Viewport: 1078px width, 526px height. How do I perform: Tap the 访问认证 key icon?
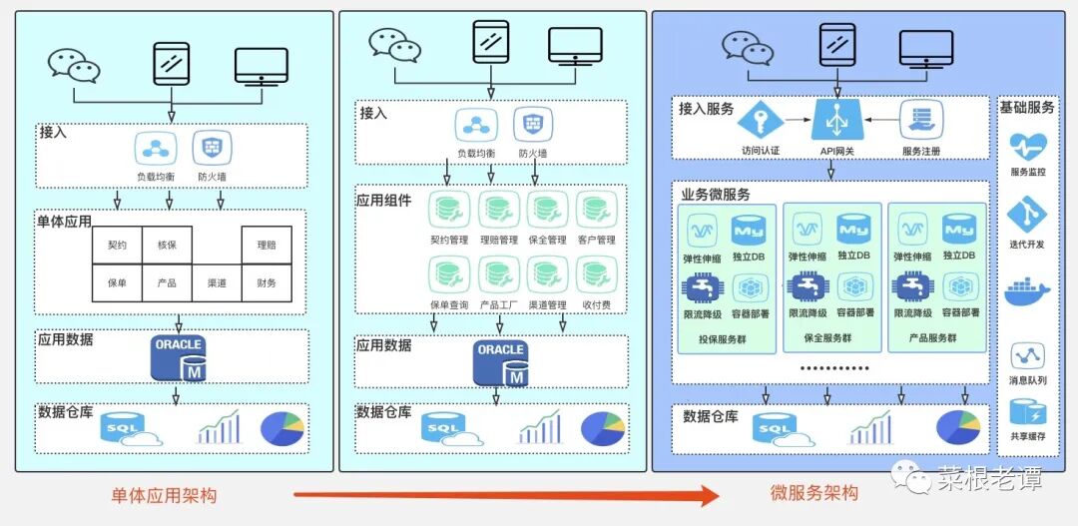tap(761, 120)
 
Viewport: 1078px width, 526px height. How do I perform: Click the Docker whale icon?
tap(1027, 291)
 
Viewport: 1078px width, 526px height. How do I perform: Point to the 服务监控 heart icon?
tap(1027, 146)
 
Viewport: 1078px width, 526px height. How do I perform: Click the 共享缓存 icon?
tap(1027, 411)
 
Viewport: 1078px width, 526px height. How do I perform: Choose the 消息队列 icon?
tap(1027, 355)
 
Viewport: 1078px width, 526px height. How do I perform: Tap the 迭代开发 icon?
tap(1027, 215)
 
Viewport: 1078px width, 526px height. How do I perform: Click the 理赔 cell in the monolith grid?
tap(267, 245)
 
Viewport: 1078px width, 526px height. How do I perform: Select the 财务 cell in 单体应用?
tap(267, 283)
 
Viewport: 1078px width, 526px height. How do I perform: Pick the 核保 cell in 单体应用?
tap(167, 245)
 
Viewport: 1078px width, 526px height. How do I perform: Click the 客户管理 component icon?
tap(595, 211)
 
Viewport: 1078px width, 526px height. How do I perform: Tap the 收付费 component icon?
tap(595, 274)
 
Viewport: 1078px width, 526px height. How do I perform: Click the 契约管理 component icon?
tap(449, 211)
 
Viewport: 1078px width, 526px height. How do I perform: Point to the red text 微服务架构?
tap(813, 493)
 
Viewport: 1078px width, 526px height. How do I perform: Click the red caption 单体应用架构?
tap(164, 495)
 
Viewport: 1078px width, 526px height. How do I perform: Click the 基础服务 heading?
tap(1027, 107)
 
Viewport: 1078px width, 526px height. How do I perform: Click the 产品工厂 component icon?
tap(497, 274)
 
